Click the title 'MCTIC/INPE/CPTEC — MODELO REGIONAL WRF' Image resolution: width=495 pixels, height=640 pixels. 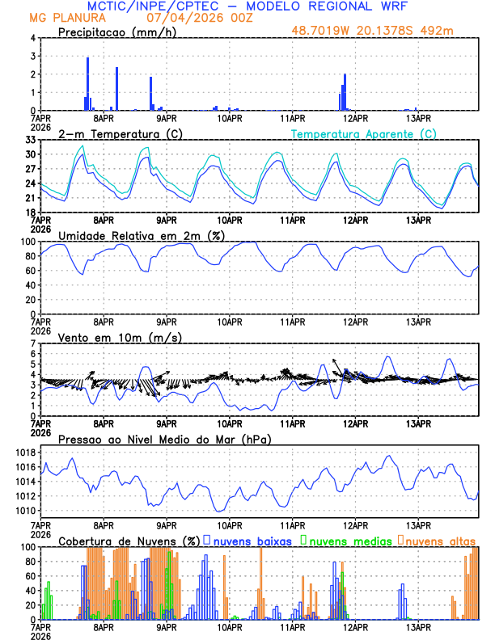[247, 6]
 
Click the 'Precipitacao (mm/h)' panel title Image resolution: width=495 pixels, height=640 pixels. [116, 32]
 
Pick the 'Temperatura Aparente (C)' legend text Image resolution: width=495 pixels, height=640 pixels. [364, 133]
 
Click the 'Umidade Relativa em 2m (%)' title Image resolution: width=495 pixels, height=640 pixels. [136, 235]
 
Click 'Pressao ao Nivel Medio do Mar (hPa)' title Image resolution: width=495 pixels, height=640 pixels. [165, 439]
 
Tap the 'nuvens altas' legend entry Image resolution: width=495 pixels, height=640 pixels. [440, 541]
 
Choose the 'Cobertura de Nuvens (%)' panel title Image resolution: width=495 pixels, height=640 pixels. [128, 541]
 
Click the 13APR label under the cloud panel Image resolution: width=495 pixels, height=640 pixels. [417, 627]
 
